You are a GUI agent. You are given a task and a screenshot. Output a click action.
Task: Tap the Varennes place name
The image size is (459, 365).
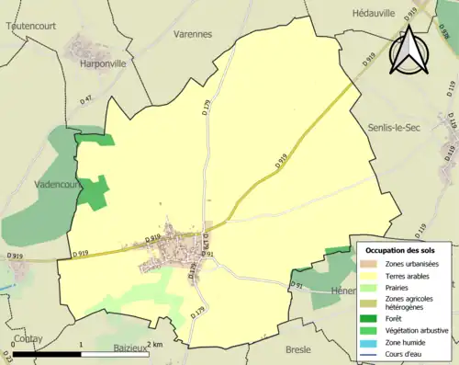[x=192, y=34]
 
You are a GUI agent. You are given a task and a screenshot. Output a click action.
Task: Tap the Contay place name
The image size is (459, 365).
[x=29, y=338]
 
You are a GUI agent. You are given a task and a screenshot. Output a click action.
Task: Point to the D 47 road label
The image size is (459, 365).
[x=87, y=97]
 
